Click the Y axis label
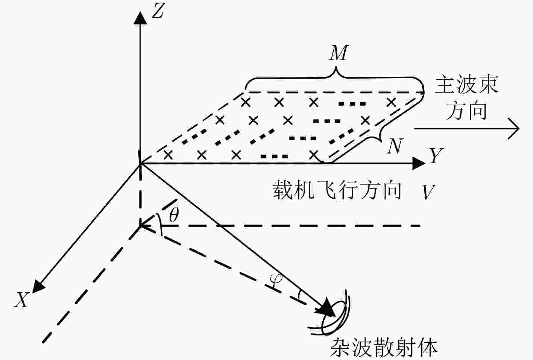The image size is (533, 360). tap(436, 156)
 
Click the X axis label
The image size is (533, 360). tap(21, 300)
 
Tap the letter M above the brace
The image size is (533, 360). tap(339, 53)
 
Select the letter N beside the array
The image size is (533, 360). tap(395, 146)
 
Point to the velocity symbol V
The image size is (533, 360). tap(428, 191)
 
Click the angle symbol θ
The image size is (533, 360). tap(174, 215)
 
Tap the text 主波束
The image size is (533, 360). tap(467, 85)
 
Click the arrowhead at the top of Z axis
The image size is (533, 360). tap(140, 18)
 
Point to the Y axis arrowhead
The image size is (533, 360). tap(419, 164)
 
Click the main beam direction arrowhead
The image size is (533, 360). tap(514, 129)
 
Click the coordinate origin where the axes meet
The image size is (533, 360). tap(140, 164)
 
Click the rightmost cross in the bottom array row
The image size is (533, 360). tap(314, 155)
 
